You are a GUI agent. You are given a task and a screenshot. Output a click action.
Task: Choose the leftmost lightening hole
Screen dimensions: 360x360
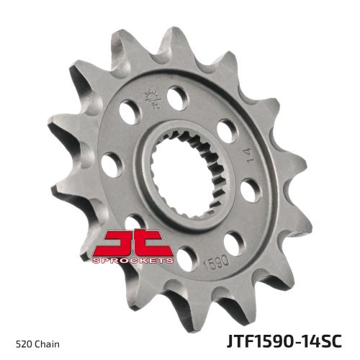110,163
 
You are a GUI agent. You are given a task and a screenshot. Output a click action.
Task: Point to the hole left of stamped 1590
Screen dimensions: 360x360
187,253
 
